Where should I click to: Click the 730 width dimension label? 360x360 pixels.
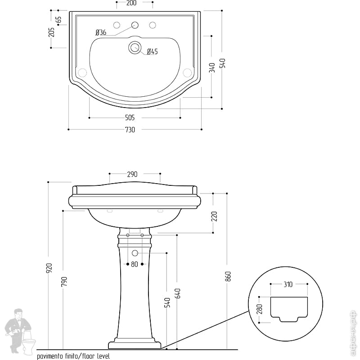click(x=130, y=130)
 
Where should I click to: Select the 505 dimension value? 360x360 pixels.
click(x=130, y=118)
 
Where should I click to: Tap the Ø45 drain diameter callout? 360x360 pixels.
click(x=152, y=52)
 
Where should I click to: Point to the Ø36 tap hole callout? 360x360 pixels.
click(x=101, y=32)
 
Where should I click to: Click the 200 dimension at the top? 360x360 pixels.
click(x=131, y=3)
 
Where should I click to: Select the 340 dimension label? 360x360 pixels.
click(x=212, y=68)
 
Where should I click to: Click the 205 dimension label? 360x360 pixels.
click(x=52, y=32)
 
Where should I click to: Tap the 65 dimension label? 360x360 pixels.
click(x=58, y=20)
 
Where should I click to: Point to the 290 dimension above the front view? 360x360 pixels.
click(x=132, y=174)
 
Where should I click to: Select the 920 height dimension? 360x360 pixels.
click(x=49, y=268)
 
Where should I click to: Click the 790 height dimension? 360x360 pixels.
click(x=64, y=281)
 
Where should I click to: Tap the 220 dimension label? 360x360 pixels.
click(x=214, y=216)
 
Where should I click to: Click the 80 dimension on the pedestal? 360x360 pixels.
click(x=135, y=265)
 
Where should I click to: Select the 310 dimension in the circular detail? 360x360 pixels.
click(x=288, y=284)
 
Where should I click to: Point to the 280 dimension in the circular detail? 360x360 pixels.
click(x=260, y=309)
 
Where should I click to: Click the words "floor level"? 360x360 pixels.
click(x=96, y=356)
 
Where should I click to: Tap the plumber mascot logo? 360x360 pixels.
click(x=20, y=331)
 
